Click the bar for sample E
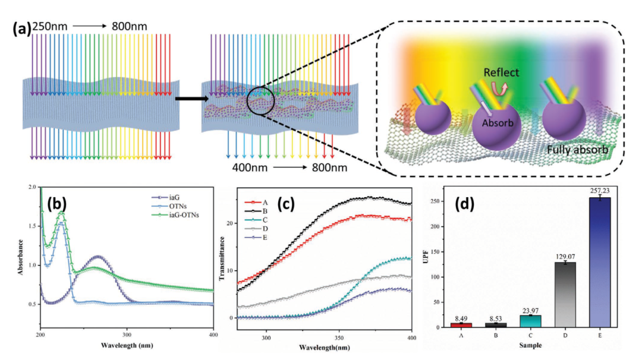[x=599, y=262]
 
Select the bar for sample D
[x=565, y=295]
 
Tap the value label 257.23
[x=600, y=191]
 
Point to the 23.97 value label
[x=531, y=311]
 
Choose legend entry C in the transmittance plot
[x=256, y=220]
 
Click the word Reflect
[x=501, y=72]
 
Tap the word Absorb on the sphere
[x=497, y=123]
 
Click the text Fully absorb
[x=577, y=150]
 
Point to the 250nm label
[x=49, y=27]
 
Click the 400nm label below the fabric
[x=249, y=168]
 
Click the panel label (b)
[x=56, y=203]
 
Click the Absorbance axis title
[x=20, y=257]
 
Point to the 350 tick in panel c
[x=339, y=338]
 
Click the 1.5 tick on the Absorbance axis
[x=32, y=226]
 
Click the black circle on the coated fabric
[x=247, y=100]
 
